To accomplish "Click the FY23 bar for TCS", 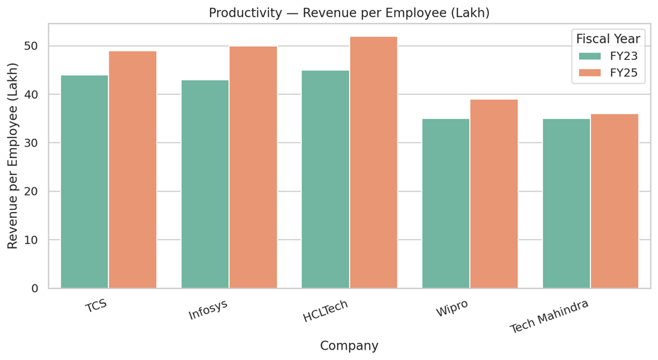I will [x=84, y=182].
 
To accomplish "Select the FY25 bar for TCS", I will [x=132, y=170].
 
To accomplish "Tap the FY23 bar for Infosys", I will [x=205, y=184].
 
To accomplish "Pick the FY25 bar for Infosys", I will [x=253, y=167].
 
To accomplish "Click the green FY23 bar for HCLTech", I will [x=325, y=179].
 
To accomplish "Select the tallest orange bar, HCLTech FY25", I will [x=373, y=163].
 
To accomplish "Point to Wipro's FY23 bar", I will [x=445, y=203].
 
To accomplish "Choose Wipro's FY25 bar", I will [x=493, y=193].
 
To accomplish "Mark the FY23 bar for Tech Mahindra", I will [x=566, y=203].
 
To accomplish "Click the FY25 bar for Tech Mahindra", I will [x=615, y=201].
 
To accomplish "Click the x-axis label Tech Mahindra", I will [x=550, y=317].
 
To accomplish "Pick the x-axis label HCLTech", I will [x=325, y=310].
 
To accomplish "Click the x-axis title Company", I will [x=349, y=346].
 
